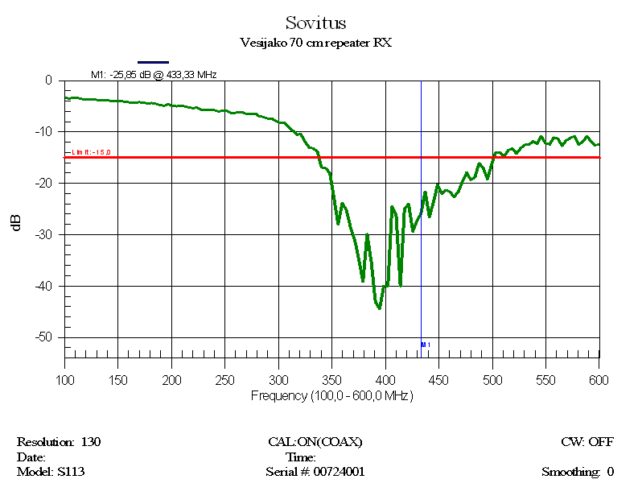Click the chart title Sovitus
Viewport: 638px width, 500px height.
pos(315,23)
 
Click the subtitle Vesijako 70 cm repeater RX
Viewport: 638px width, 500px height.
pos(315,43)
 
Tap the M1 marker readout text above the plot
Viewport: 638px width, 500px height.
pos(154,74)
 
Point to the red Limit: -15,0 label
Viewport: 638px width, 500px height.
pos(91,152)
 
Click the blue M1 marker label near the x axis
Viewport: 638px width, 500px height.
pos(426,345)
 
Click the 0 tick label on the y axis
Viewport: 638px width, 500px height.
pos(48,81)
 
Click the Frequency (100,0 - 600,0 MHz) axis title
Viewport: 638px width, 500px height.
pos(331,395)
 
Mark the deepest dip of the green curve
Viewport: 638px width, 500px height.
pos(379,308)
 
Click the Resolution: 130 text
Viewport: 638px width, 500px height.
pos(59,442)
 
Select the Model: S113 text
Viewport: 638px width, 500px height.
pos(51,472)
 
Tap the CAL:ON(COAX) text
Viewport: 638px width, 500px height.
pos(315,442)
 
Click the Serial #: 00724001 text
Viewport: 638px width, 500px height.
pos(315,472)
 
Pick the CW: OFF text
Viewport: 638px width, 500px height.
pos(587,442)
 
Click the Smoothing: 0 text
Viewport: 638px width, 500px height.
pos(578,472)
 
